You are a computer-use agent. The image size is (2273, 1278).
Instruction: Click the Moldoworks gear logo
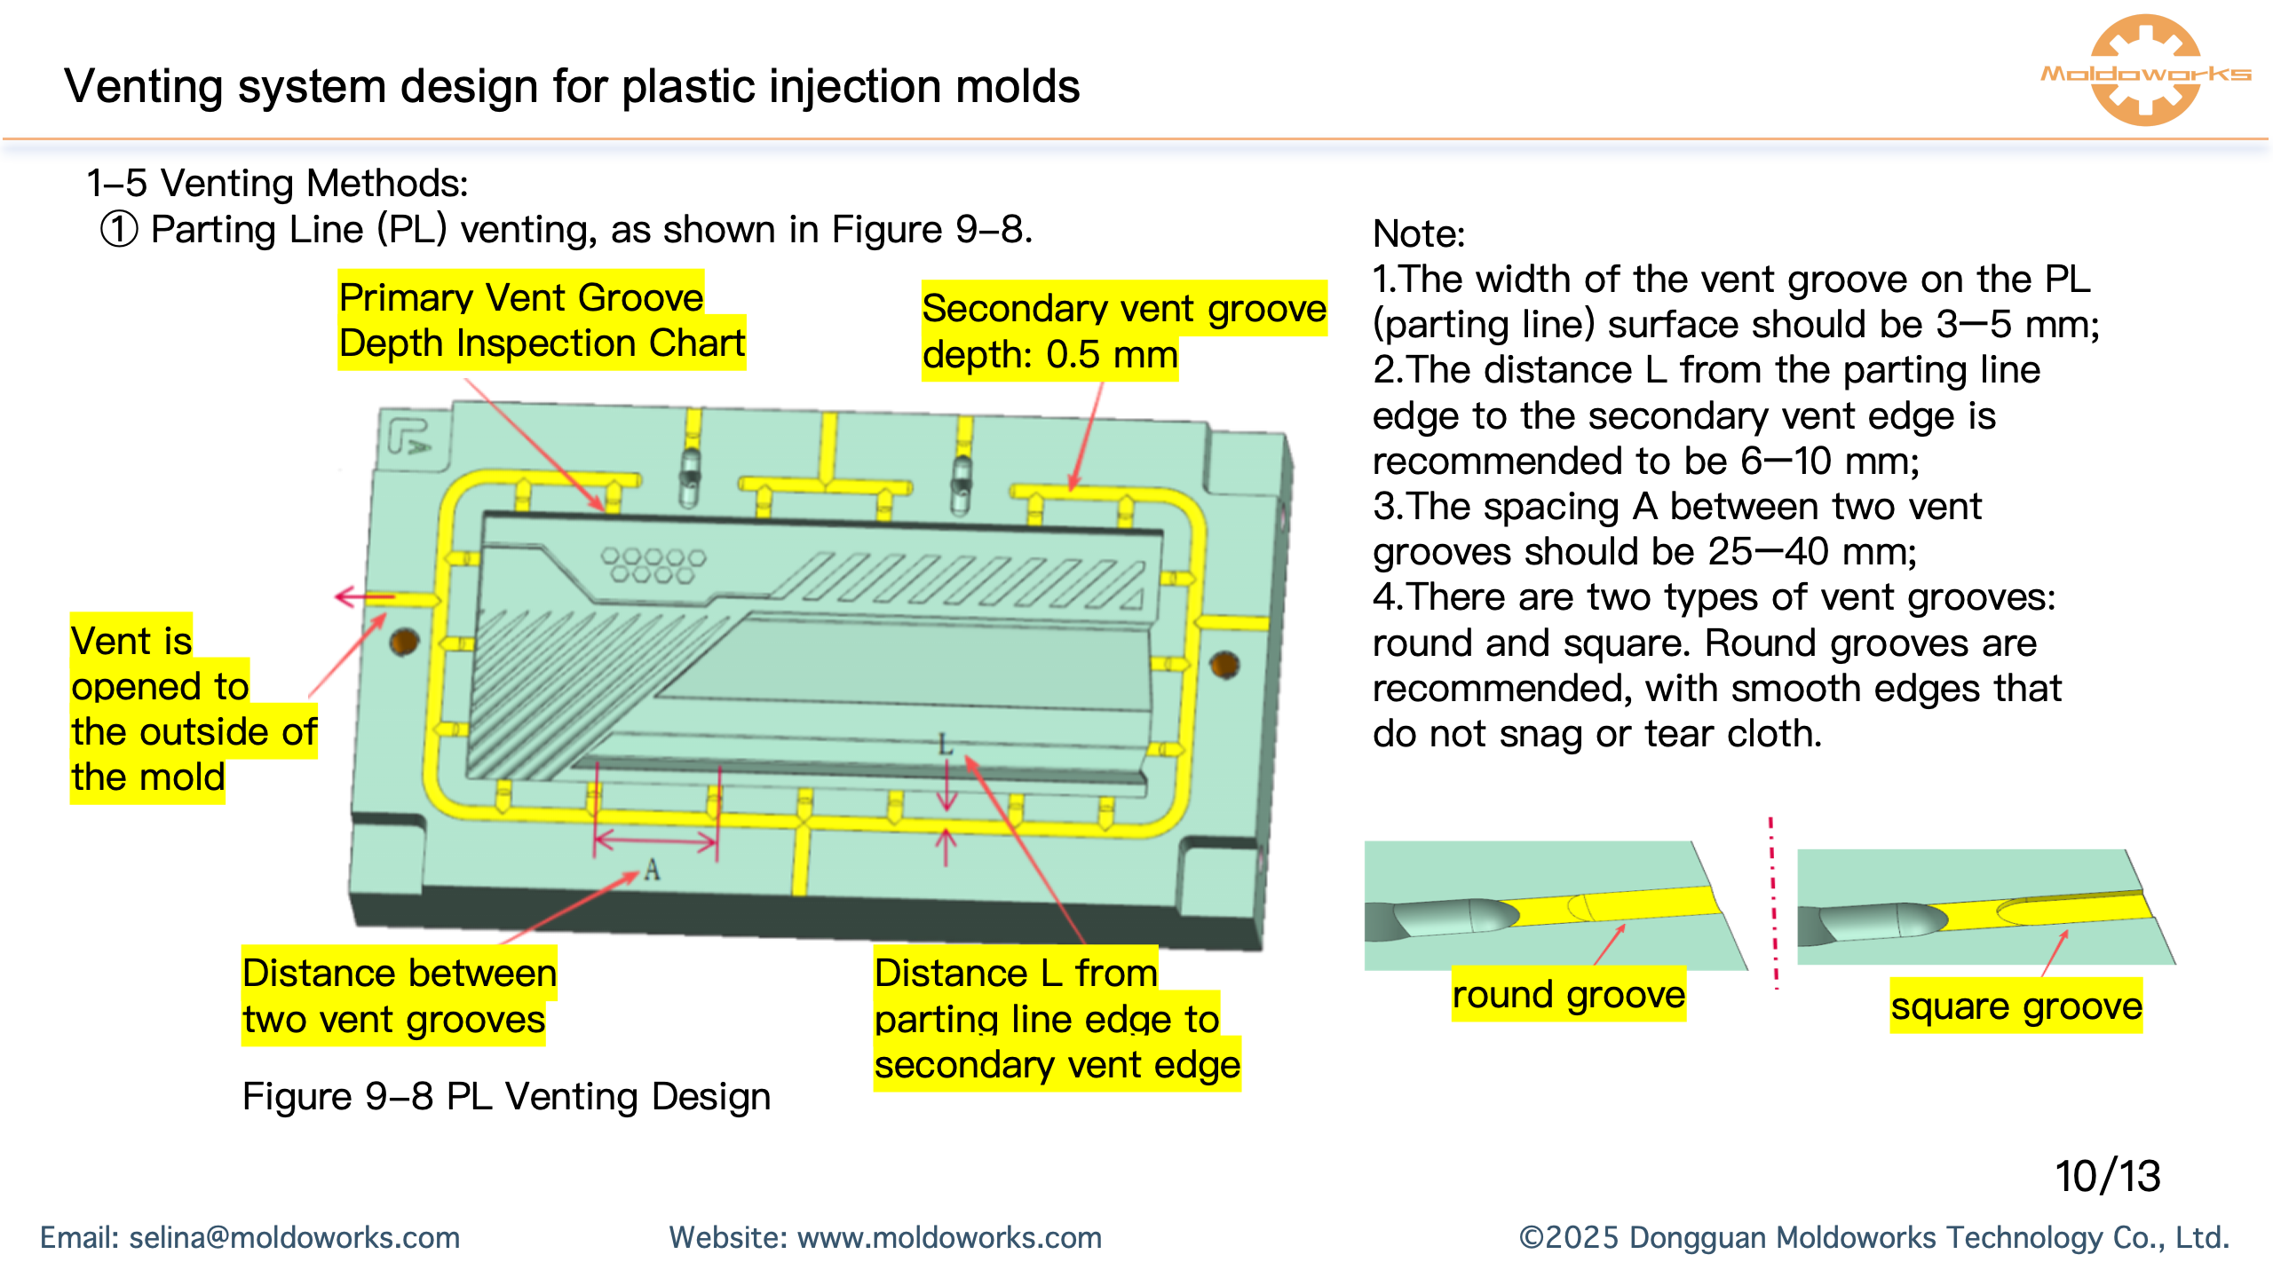click(x=2145, y=71)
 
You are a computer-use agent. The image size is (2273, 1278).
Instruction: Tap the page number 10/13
click(x=2107, y=1176)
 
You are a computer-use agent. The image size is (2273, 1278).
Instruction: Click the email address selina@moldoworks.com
click(x=294, y=1237)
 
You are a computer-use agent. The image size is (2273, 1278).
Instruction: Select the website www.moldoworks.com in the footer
click(x=948, y=1237)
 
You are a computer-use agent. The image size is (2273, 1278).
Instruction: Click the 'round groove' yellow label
click(x=1568, y=994)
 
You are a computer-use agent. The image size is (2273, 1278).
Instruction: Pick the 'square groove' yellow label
click(x=2016, y=1006)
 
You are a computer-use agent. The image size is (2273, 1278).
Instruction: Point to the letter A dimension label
click(x=653, y=870)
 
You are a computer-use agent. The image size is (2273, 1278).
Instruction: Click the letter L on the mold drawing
click(x=946, y=744)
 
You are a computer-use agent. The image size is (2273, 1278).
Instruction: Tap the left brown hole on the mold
click(x=405, y=641)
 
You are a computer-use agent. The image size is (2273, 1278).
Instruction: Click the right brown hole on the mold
click(x=1225, y=664)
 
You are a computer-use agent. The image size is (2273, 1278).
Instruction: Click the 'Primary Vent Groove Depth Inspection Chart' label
click(x=542, y=319)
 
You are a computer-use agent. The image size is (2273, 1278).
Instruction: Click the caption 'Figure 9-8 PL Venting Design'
click(x=506, y=1097)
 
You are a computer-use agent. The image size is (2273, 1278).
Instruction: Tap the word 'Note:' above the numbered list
click(x=1418, y=234)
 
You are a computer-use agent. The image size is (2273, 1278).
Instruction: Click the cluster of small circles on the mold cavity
click(x=653, y=565)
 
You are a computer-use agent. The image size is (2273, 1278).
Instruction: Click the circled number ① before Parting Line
click(x=119, y=230)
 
